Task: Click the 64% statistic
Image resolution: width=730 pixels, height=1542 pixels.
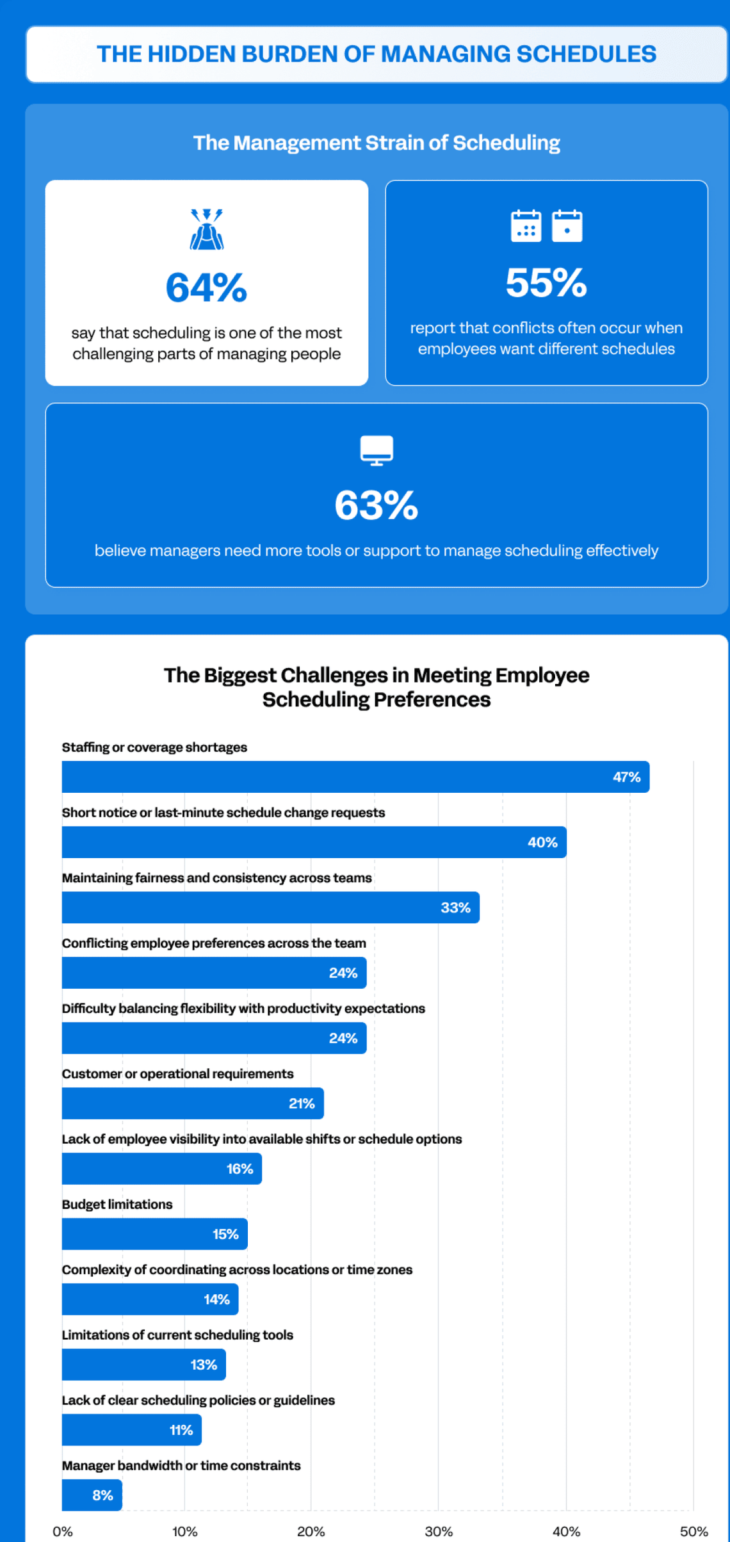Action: pyautogui.click(x=206, y=288)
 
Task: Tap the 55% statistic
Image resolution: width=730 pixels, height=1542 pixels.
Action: pyautogui.click(x=546, y=282)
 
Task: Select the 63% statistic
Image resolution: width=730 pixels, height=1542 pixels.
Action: pyautogui.click(x=376, y=505)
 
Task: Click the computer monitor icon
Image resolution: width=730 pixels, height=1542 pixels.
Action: pyautogui.click(x=377, y=450)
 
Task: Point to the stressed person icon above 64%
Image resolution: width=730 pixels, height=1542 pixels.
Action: pyautogui.click(x=206, y=229)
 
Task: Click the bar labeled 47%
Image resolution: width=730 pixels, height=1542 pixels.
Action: pyautogui.click(x=355, y=777)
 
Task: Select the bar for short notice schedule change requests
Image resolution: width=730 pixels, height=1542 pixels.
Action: pyautogui.click(x=314, y=842)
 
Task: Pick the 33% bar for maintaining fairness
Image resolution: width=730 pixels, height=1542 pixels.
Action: pyautogui.click(x=270, y=907)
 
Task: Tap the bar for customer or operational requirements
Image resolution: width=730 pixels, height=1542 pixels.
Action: pyautogui.click(x=192, y=1103)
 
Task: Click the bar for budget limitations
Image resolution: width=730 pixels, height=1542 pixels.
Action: pyautogui.click(x=154, y=1234)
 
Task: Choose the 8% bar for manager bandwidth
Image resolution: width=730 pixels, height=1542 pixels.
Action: pyautogui.click(x=92, y=1495)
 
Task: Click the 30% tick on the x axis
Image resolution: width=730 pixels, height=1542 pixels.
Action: pyautogui.click(x=439, y=1531)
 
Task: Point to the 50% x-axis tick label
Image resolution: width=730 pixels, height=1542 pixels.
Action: pyautogui.click(x=693, y=1531)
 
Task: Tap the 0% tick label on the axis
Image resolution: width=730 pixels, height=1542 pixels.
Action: pyautogui.click(x=63, y=1531)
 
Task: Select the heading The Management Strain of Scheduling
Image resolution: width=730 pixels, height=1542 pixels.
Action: pyautogui.click(x=377, y=143)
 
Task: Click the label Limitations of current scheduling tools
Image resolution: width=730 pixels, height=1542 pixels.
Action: pyautogui.click(x=177, y=1335)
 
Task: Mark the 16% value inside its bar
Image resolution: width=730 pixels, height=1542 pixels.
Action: pyautogui.click(x=239, y=1169)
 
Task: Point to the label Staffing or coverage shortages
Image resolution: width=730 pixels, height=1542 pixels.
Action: pyautogui.click(x=154, y=747)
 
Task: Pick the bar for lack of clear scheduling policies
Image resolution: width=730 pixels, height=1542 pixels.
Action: pyautogui.click(x=131, y=1430)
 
